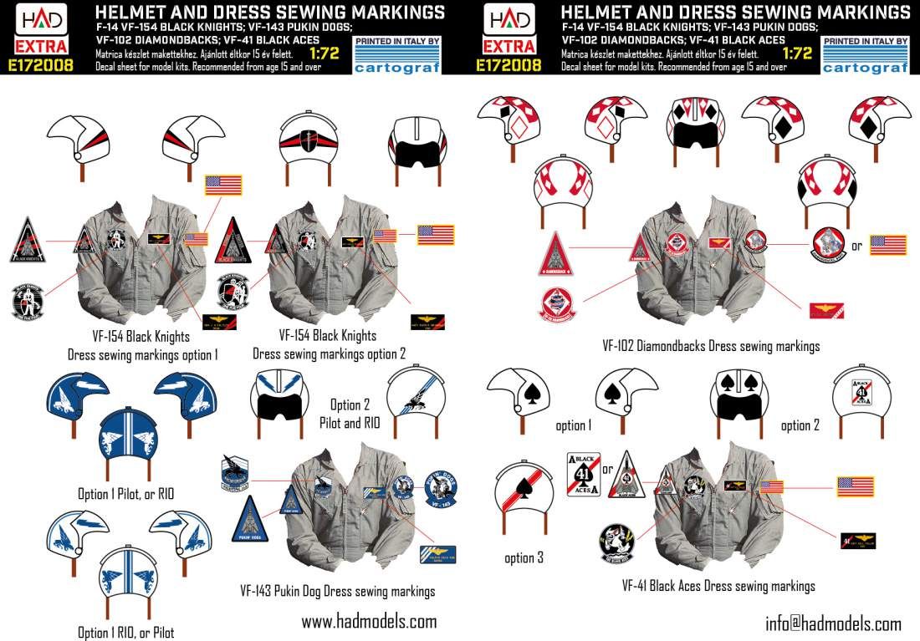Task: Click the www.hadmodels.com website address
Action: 369,622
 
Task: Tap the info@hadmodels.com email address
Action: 833,623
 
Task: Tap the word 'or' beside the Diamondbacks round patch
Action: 856,246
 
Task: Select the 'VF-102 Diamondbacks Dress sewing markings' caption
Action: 711,346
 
